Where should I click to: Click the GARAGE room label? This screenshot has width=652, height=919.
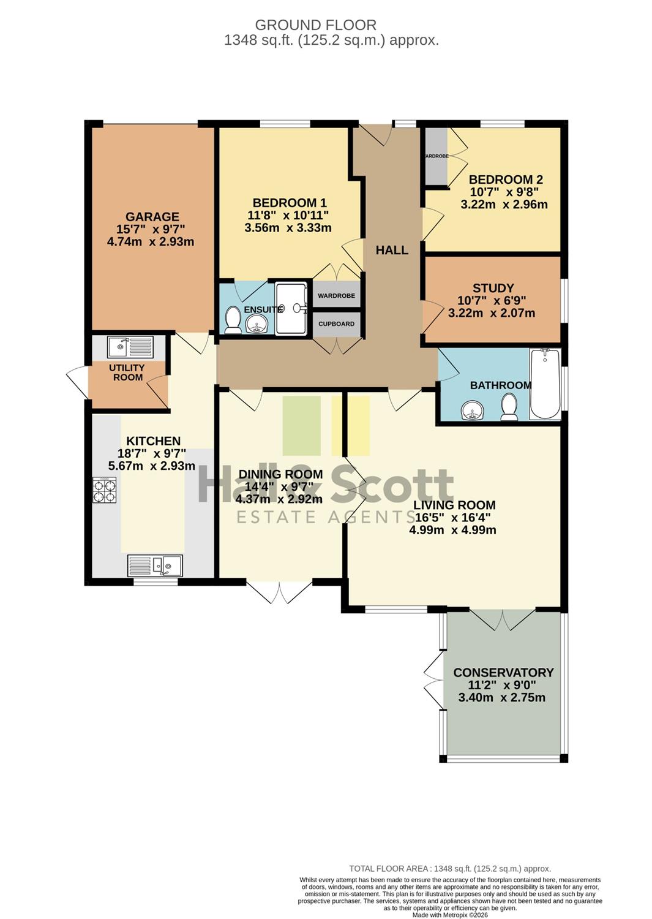(x=152, y=217)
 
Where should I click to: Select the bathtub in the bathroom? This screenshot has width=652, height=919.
(x=545, y=384)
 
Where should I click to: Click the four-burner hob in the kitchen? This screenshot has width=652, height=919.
(x=105, y=490)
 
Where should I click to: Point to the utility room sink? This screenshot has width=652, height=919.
(x=130, y=347)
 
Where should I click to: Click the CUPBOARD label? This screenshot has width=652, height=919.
(x=336, y=323)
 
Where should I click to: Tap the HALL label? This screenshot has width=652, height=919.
(x=392, y=250)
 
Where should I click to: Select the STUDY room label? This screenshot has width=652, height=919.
(x=493, y=288)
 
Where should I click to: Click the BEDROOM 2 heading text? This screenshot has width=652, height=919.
(x=506, y=180)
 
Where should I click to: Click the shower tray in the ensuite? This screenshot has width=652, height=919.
(x=291, y=308)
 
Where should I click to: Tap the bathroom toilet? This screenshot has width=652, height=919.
(x=509, y=407)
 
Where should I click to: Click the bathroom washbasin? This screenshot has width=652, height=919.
(x=473, y=410)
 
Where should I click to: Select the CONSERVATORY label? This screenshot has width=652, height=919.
(x=504, y=673)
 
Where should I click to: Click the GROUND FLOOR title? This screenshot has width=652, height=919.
(x=315, y=25)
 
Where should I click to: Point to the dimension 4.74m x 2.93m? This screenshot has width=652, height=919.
(x=151, y=241)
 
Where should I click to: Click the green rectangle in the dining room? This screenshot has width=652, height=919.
(x=301, y=425)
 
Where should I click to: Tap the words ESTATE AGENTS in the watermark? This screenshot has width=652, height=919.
(x=326, y=517)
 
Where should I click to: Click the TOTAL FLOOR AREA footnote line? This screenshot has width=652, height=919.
(x=450, y=868)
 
